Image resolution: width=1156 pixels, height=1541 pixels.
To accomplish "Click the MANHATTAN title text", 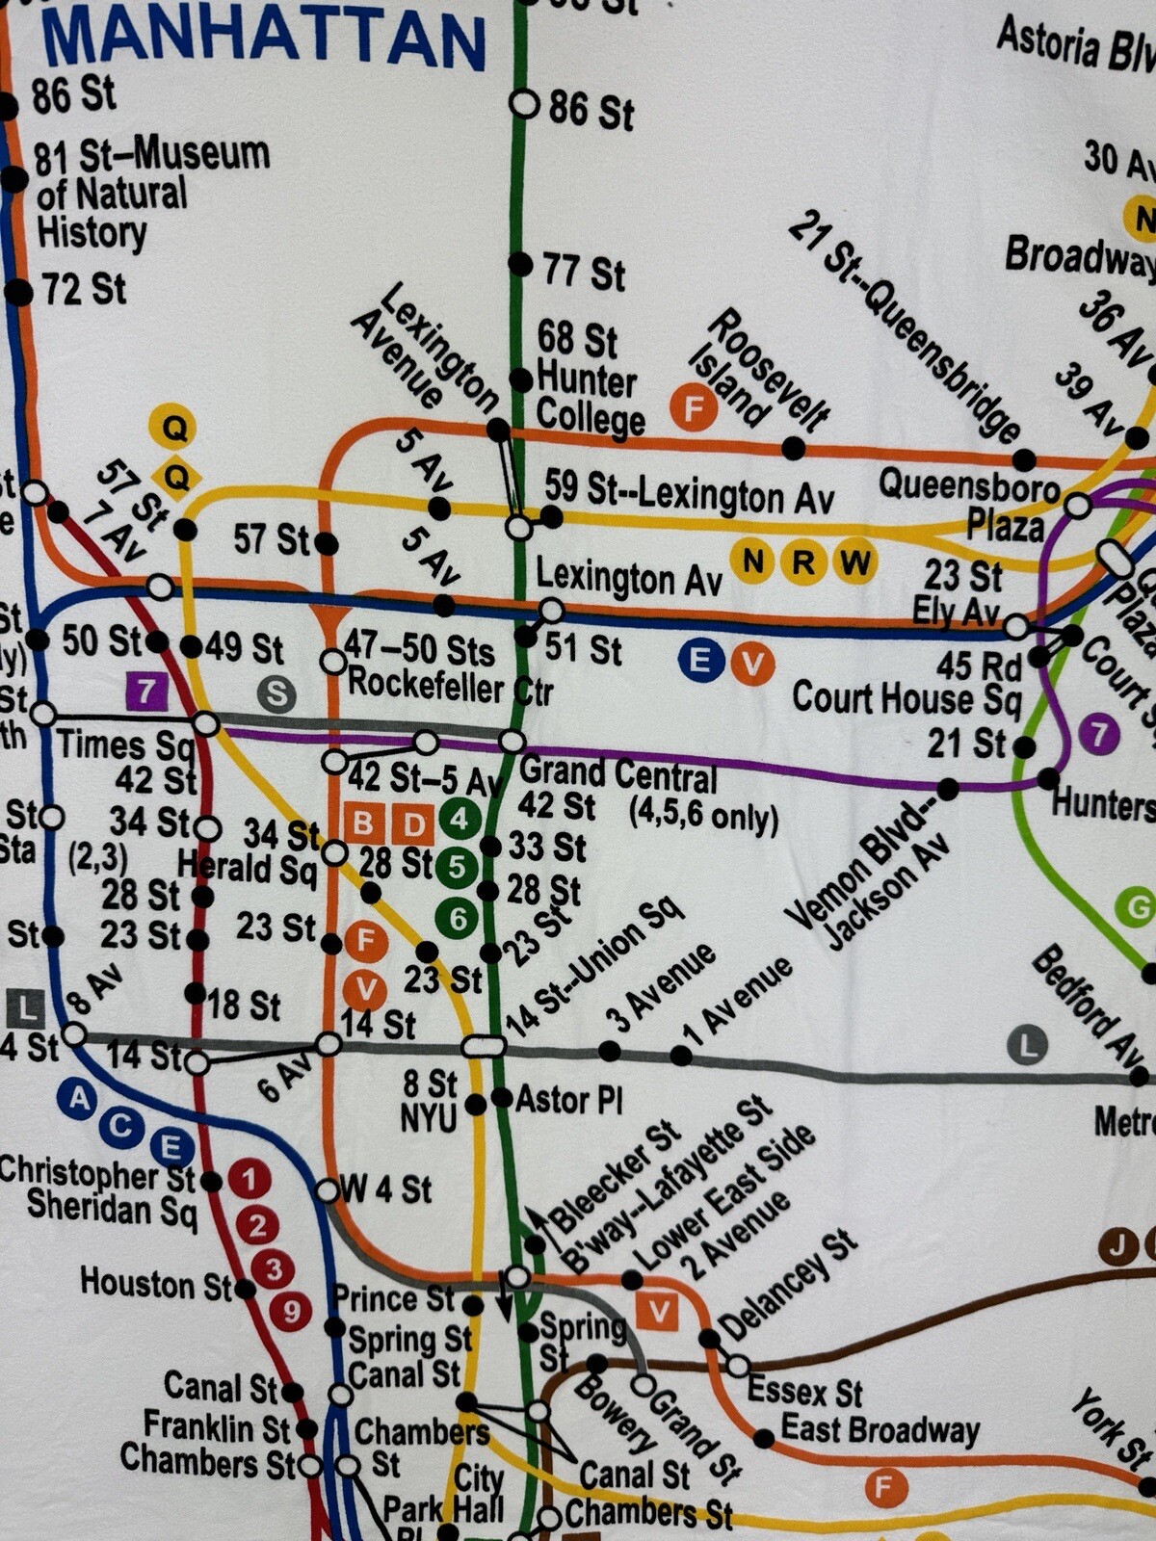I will (x=262, y=39).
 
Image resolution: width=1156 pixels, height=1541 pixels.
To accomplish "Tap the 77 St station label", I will (x=584, y=271).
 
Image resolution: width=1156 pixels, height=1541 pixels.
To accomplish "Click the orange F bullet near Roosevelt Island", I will (x=694, y=408).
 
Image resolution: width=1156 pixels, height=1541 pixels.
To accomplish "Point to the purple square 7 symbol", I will (x=146, y=690).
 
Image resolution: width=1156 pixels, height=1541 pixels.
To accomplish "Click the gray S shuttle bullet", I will (x=276, y=693).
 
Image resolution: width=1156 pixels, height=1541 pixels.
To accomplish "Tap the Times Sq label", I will (x=125, y=744).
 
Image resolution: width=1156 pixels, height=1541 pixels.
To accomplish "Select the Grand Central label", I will (x=617, y=774).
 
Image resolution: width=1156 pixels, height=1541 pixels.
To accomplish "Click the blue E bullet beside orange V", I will (x=700, y=662).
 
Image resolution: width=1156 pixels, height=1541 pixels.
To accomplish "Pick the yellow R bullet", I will (x=802, y=561).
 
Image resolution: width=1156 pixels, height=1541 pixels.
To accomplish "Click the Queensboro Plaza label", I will (x=968, y=503).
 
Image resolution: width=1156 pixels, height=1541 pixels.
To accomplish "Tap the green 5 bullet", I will (x=457, y=868).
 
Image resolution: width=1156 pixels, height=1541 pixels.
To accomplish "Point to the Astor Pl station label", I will (x=568, y=1099).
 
